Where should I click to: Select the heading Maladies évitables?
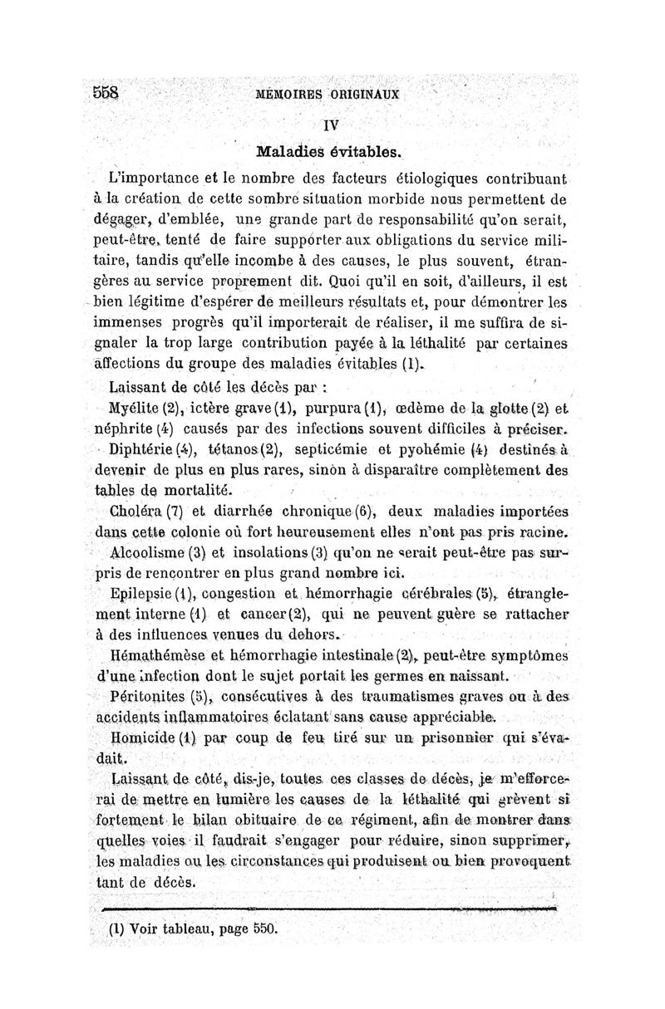329,153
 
